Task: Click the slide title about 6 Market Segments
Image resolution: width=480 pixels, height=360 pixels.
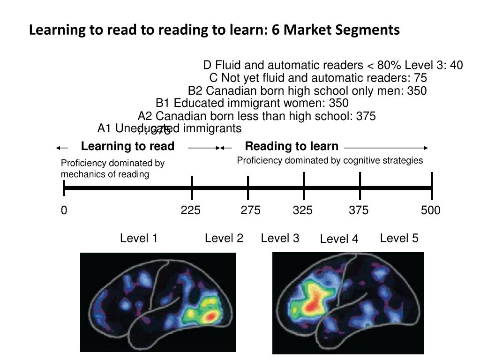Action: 214,30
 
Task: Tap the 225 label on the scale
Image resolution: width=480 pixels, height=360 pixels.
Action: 191,210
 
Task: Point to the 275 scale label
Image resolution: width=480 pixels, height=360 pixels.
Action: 251,210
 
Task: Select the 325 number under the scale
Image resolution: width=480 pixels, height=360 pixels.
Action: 303,210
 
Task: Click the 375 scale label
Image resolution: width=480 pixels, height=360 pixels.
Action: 359,210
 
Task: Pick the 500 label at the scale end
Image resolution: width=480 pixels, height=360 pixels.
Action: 431,210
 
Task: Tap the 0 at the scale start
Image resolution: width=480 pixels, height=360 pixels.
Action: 64,210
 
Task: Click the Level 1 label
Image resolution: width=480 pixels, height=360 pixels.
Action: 139,238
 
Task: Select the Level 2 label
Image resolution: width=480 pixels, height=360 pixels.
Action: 224,238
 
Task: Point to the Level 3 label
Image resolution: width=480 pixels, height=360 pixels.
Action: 280,238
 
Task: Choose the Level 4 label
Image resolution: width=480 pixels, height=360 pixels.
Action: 339,240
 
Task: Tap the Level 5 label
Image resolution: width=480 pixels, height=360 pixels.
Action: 399,238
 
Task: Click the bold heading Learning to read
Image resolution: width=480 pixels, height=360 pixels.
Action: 127,146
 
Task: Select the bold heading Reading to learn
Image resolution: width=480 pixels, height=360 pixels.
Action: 292,146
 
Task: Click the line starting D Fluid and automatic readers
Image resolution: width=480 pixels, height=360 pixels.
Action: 333,65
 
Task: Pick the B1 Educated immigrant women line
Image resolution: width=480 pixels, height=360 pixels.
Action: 252,103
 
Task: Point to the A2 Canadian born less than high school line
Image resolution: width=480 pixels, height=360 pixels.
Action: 257,116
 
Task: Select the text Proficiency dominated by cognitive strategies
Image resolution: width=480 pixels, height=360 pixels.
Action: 330,160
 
